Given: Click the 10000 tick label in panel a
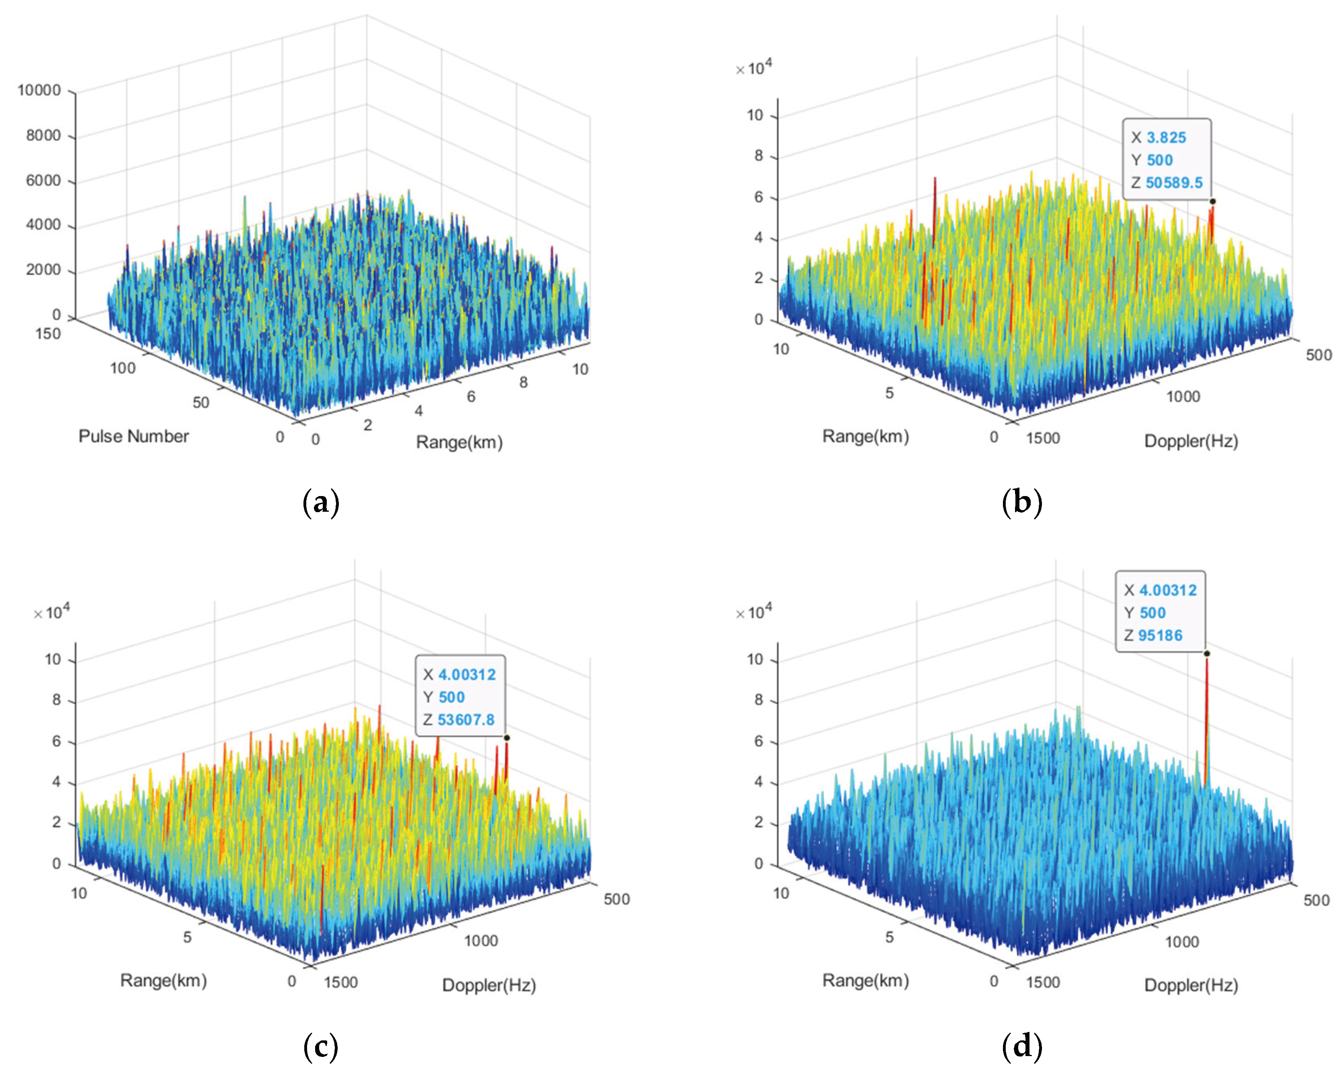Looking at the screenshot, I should [x=39, y=90].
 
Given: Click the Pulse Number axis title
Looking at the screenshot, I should [x=133, y=436].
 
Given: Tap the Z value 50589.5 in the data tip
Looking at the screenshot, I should [x=1174, y=183].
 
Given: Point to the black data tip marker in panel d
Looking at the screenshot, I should [x=1207, y=654].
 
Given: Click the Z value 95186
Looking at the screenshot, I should [x=1160, y=636].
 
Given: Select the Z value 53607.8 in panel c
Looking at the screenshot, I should [x=466, y=720].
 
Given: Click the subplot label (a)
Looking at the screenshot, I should [x=320, y=502].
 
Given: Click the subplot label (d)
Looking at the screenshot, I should [x=1022, y=1047].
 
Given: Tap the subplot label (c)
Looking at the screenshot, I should [x=320, y=1047].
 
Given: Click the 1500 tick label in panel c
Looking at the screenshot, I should [x=341, y=982].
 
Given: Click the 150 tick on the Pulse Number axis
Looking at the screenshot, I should [x=48, y=334].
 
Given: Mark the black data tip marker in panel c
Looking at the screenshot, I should [x=507, y=737].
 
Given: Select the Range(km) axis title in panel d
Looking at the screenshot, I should [x=865, y=981].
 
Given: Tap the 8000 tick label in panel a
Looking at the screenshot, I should [x=43, y=136].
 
